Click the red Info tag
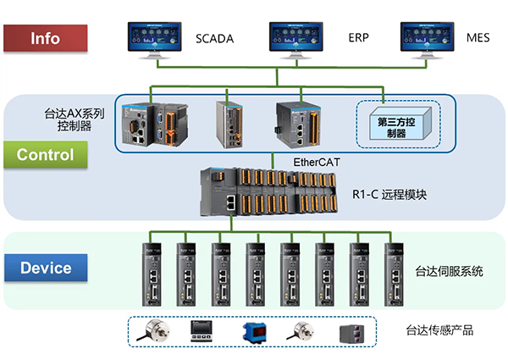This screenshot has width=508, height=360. (45, 38)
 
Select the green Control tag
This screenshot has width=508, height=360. (45, 155)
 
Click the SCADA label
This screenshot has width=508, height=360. (214, 39)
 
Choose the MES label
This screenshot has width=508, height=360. (478, 39)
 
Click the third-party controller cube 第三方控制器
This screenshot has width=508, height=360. (396, 127)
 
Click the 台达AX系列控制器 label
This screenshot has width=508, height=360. (75, 119)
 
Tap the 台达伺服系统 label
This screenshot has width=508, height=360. (449, 272)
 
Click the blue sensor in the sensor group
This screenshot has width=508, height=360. (252, 331)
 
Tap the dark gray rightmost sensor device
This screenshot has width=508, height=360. (350, 331)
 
